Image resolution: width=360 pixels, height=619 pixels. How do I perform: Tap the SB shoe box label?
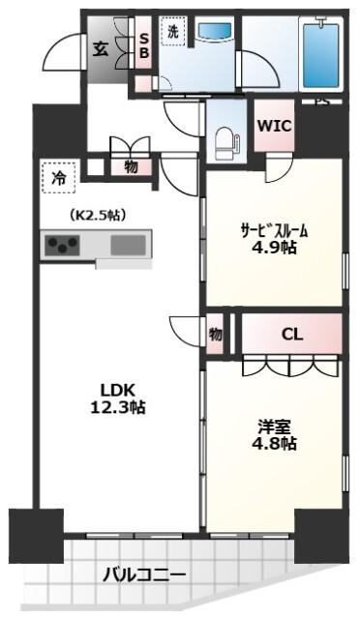coord(143,45)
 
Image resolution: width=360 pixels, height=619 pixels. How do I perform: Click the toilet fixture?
coord(227,139)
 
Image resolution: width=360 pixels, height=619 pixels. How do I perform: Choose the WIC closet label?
coord(274,126)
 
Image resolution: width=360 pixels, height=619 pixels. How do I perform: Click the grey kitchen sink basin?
coord(128,246)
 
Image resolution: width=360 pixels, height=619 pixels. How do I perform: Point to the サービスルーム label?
coord(275,230)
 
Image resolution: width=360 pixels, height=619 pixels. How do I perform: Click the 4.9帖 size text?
coord(275,249)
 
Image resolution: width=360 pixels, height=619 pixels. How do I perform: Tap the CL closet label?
coord(291,335)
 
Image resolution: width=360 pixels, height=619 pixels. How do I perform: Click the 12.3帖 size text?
coord(113,408)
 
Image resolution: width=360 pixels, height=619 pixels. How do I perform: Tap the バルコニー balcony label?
coord(145,575)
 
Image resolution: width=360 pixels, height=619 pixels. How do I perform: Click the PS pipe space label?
coord(319,101)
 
